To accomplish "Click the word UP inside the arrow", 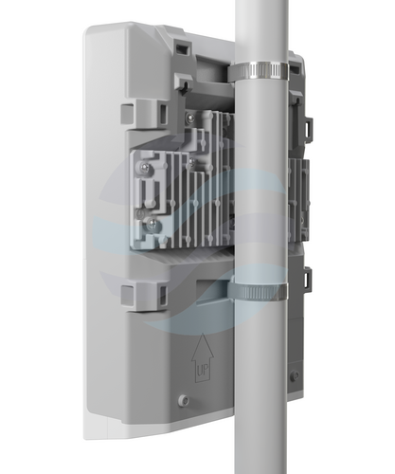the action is click(203, 371).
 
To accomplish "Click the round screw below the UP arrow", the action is click(183, 400).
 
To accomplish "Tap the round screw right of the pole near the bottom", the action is click(296, 375).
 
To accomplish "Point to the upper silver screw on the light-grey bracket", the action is click(145, 167).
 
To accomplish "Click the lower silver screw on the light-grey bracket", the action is click(151, 224).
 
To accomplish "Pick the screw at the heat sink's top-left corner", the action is click(189, 118).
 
